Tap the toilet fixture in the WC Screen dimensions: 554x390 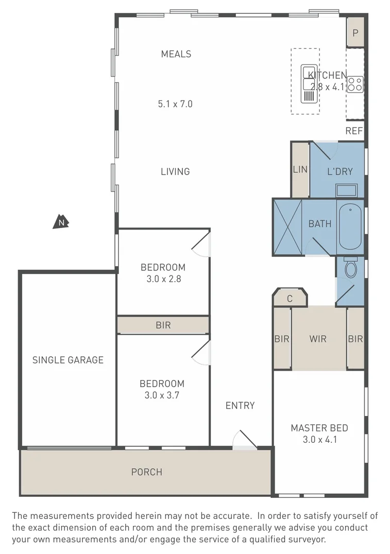pos(350,268)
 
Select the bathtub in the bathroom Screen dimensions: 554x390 pos(350,226)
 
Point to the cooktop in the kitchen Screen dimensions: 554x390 pos(355,84)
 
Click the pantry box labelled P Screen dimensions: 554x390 pos(355,33)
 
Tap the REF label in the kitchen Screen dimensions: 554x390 pos(354,131)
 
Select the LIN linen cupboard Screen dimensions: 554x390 pos(300,170)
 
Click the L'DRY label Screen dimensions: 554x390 pos(340,171)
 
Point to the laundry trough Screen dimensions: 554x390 pos(346,190)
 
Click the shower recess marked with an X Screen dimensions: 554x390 pos(287,227)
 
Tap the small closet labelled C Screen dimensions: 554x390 pos(290,298)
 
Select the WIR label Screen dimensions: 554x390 pos(318,339)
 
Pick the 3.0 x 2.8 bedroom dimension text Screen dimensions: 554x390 pos(163,279)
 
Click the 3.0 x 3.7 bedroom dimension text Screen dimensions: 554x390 pos(162,395)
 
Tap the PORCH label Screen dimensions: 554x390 pos(146,472)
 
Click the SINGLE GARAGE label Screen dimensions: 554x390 pos(68,360)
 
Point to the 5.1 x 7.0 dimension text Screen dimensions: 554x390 pos(175,104)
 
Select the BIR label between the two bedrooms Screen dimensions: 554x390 pos(163,325)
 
